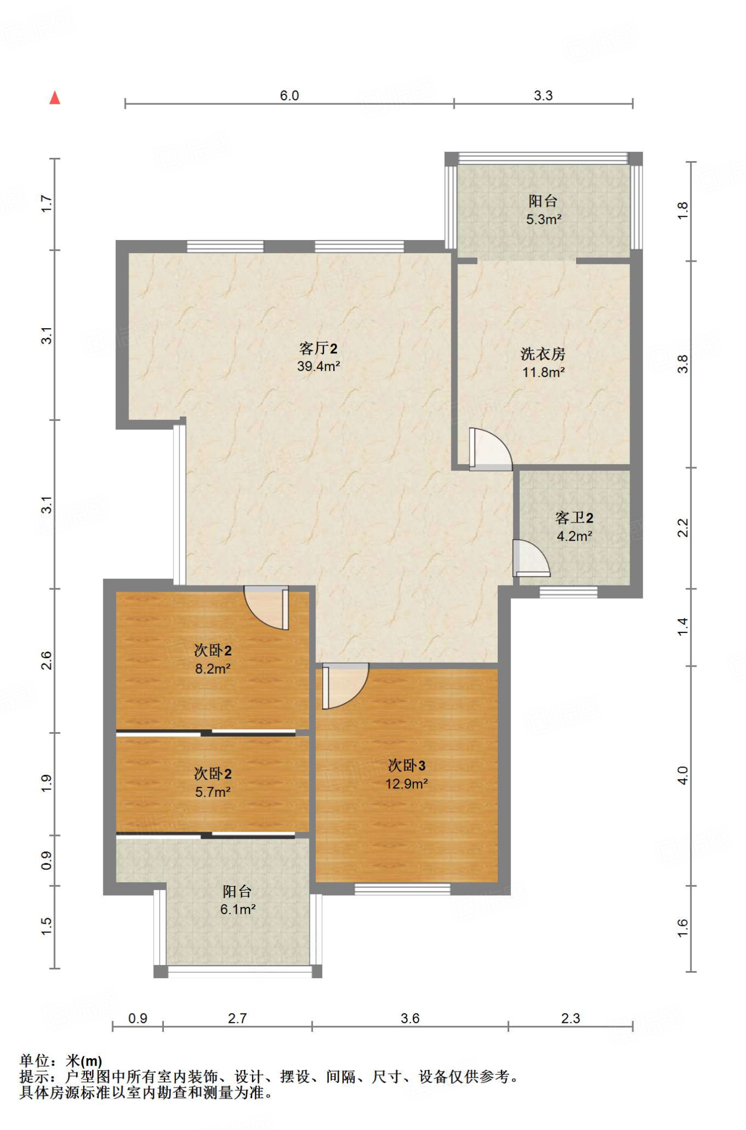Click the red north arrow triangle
pos(55,98)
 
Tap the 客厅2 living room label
pos(318,348)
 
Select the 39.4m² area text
pos(318,366)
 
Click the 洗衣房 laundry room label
pos(543,354)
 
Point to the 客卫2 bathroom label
pos(574,518)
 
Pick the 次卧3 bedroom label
pos(407,765)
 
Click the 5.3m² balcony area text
pos(543,220)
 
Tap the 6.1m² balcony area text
pos(238,909)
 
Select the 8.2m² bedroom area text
pos(212,669)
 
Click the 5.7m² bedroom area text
pos(212,792)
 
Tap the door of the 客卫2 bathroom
pos(531,558)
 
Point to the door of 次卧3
pos(345,686)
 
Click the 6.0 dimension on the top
pos(289,95)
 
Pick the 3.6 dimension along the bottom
pos(410,1018)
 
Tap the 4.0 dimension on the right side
pos(683,775)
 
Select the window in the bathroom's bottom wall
pos(568,593)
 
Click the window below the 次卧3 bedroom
pos(402,889)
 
